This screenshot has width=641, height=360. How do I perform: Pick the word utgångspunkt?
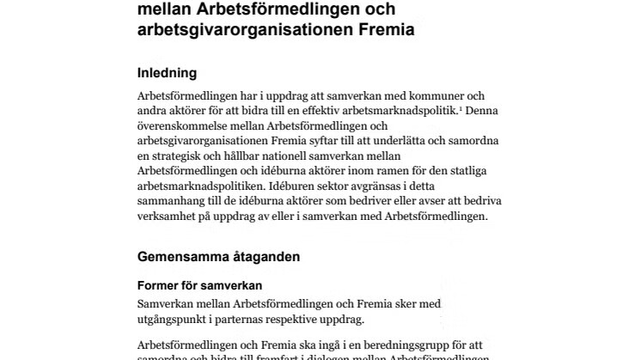(177, 319)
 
